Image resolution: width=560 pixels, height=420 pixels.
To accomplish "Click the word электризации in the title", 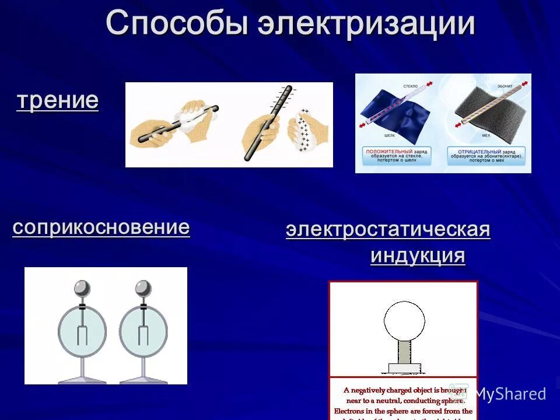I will [x=367, y=24].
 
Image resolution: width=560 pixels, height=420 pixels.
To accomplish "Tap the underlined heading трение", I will [x=57, y=100].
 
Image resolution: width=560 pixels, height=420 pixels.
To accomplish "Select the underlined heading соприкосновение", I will [x=101, y=227].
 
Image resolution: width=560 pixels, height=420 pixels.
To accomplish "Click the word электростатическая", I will [x=388, y=230].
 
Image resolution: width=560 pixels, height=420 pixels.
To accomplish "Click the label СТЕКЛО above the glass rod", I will [x=411, y=86].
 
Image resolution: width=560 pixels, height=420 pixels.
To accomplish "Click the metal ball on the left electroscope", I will [x=82, y=288].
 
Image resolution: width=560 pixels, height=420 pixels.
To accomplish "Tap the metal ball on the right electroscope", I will [x=143, y=288].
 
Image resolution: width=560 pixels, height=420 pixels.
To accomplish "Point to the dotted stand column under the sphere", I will [x=404, y=352].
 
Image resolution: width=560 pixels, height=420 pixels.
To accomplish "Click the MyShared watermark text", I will [x=510, y=394].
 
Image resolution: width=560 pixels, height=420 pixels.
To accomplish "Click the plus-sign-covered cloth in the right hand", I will [x=304, y=129].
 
